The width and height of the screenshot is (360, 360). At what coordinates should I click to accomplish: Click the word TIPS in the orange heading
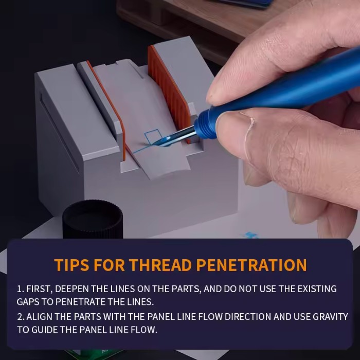[x=71, y=265]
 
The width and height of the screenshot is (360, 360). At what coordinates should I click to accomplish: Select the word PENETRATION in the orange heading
[x=251, y=265]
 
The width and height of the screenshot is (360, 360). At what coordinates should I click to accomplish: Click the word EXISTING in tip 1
[x=317, y=289]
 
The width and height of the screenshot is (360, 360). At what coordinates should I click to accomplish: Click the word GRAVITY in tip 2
[x=330, y=317]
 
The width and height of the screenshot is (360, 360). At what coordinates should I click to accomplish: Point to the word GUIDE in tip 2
[x=44, y=330]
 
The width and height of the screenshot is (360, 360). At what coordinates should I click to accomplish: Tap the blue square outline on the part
[x=153, y=137]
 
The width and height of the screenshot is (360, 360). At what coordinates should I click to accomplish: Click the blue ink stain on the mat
[x=251, y=235]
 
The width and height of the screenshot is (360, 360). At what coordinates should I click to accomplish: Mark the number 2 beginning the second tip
[x=20, y=317]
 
